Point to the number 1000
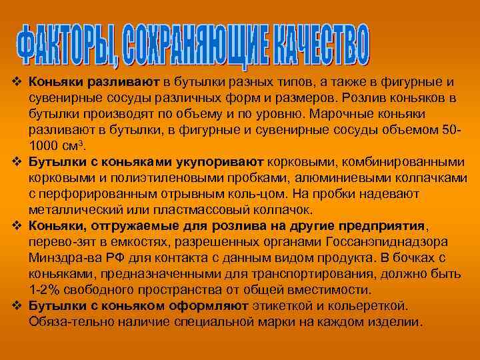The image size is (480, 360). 43,145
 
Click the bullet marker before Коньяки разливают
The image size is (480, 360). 17,82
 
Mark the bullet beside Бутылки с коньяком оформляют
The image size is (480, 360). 17,306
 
